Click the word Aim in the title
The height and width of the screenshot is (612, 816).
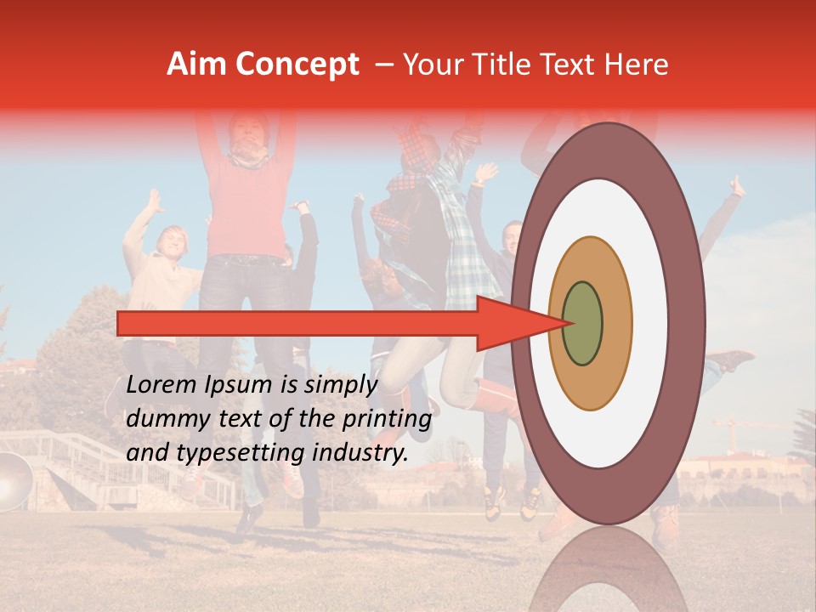195,65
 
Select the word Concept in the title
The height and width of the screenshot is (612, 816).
295,65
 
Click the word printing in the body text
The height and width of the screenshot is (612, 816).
387,419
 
